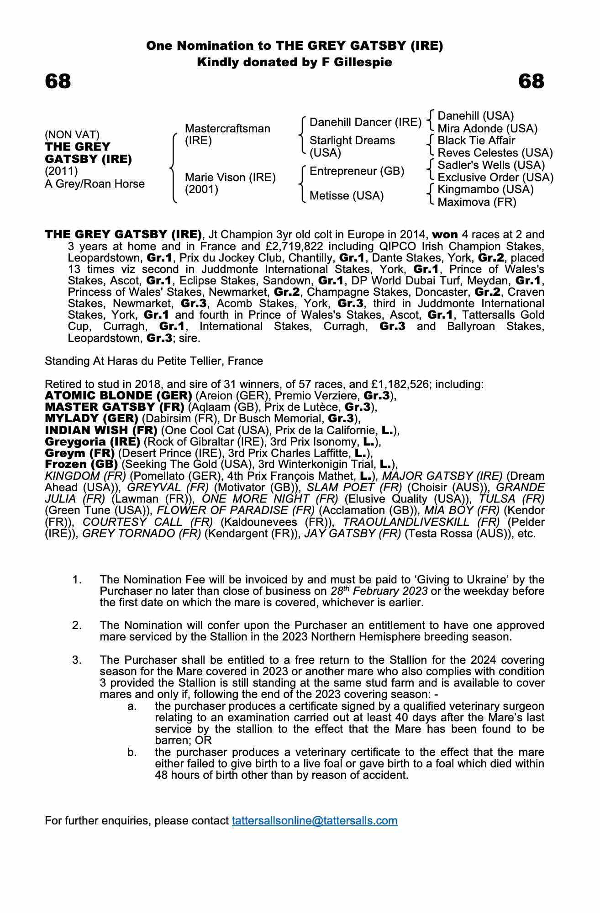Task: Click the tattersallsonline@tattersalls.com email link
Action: pos(315,820)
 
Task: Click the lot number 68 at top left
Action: pos(58,81)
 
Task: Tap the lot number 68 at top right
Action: pos(532,81)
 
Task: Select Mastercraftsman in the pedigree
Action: pos(227,129)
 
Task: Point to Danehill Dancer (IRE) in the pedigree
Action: pos(365,122)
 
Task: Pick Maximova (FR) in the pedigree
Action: pos(477,202)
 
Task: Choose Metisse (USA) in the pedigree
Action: pos(347,196)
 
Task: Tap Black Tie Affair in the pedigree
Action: pos(476,141)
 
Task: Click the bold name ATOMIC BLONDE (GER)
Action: pos(118,395)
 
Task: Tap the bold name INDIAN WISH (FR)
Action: pos(101,430)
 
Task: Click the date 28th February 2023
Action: pos(379,591)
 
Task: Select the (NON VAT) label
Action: pos(72,135)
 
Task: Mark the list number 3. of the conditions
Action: pos(77,660)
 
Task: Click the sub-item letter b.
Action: pos(132,752)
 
